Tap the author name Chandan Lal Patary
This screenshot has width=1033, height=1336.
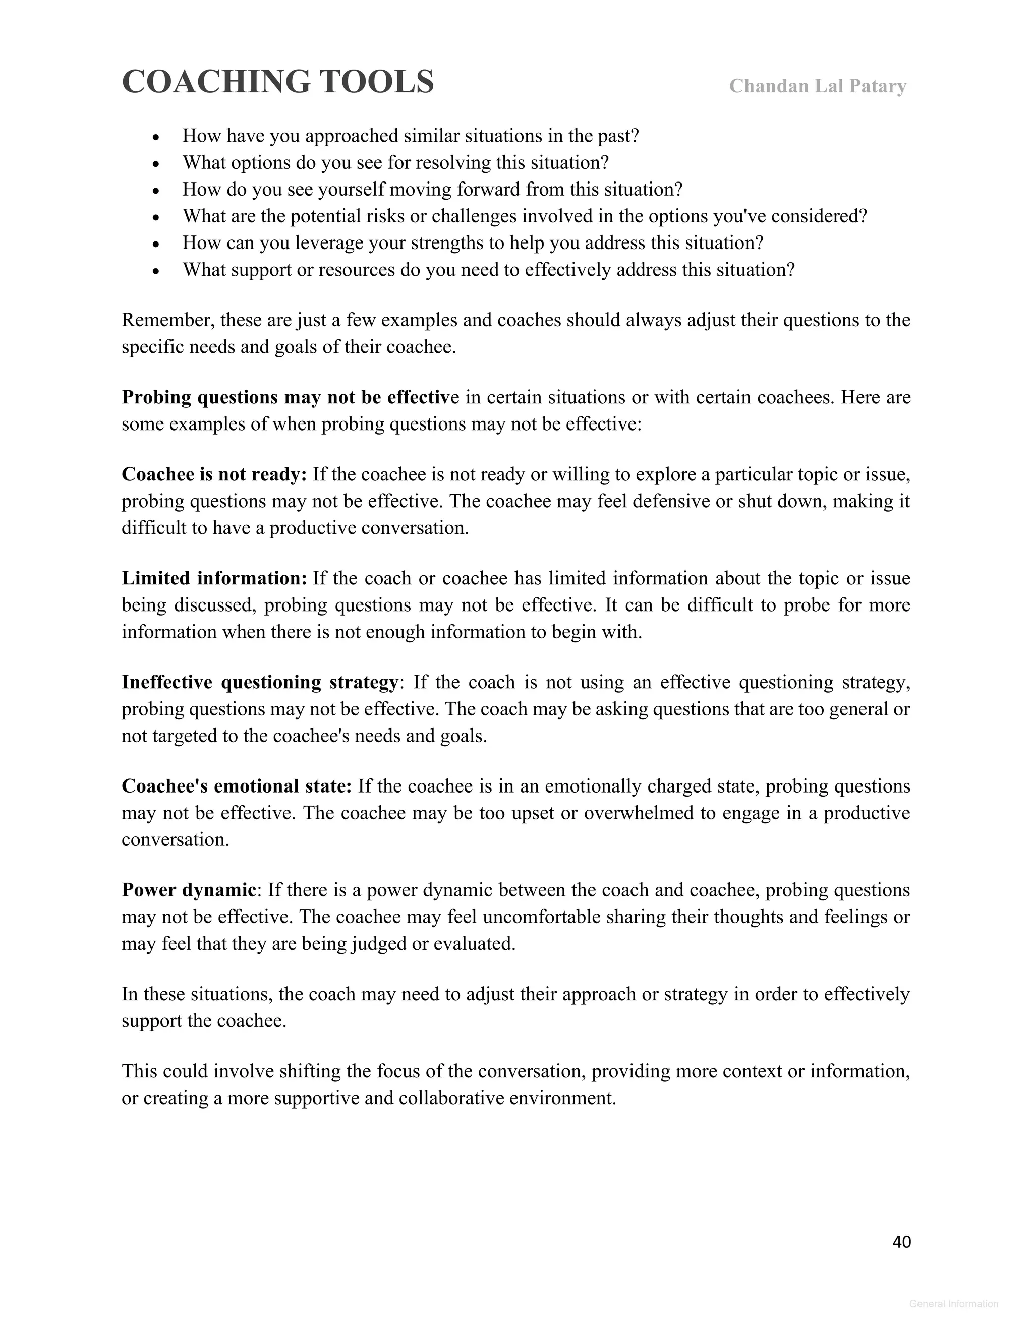[x=817, y=86]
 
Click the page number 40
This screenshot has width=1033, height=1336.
[x=901, y=1241]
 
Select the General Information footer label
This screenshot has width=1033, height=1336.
[x=953, y=1304]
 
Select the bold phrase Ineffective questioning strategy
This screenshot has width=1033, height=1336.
[x=259, y=682]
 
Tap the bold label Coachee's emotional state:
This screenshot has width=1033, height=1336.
[x=236, y=786]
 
